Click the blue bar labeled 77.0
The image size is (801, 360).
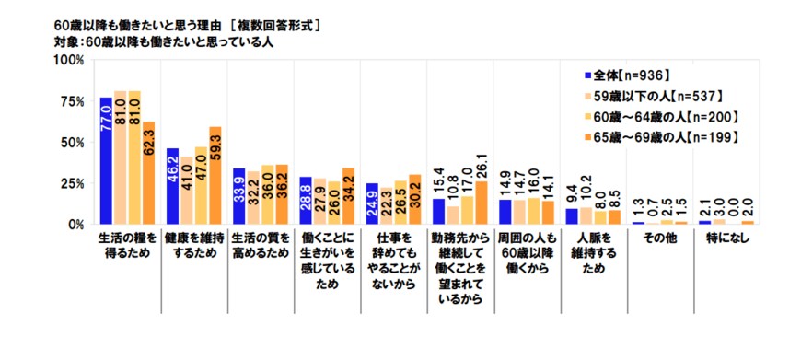click(107, 160)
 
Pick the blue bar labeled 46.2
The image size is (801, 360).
click(173, 186)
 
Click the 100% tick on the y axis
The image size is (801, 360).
click(72, 61)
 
